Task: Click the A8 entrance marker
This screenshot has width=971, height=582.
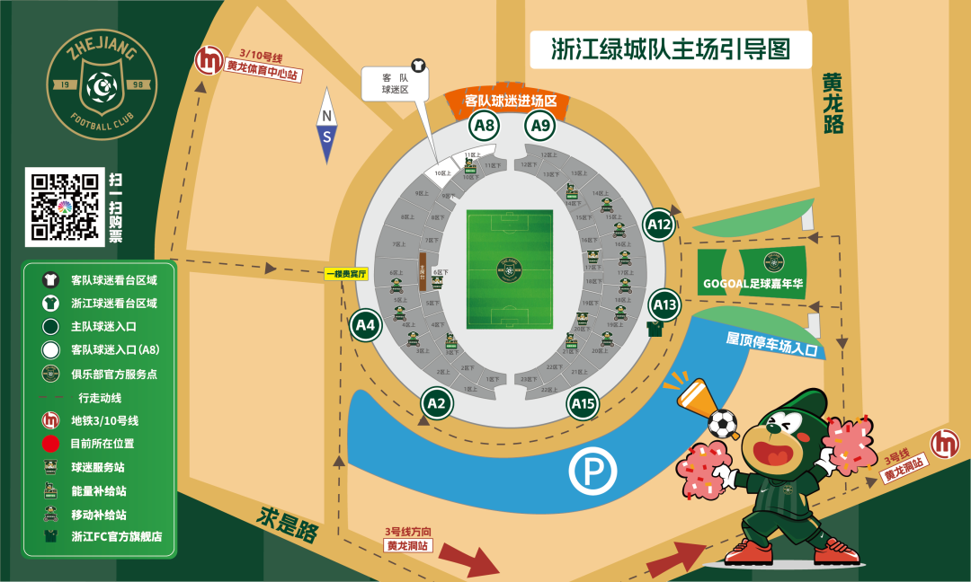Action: [x=485, y=126]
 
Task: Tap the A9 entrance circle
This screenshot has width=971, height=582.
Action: [x=540, y=126]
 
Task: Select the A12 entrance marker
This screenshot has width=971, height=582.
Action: [x=660, y=225]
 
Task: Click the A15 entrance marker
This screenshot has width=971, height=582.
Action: [x=583, y=405]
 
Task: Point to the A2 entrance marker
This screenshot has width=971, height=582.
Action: [x=436, y=405]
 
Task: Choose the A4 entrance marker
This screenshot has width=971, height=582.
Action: [x=365, y=326]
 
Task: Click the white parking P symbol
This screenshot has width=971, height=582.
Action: [x=592, y=471]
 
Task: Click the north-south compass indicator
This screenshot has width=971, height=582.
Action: [x=327, y=126]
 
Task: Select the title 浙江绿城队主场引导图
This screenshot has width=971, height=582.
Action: [x=671, y=49]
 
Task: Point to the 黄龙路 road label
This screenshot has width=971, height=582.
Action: [x=833, y=102]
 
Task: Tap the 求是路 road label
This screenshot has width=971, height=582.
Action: [x=289, y=524]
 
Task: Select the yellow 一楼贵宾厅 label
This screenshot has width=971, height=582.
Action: [x=347, y=274]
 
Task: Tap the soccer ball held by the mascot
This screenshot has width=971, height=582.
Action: [x=722, y=423]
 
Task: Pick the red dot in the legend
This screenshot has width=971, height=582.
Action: [x=51, y=443]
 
